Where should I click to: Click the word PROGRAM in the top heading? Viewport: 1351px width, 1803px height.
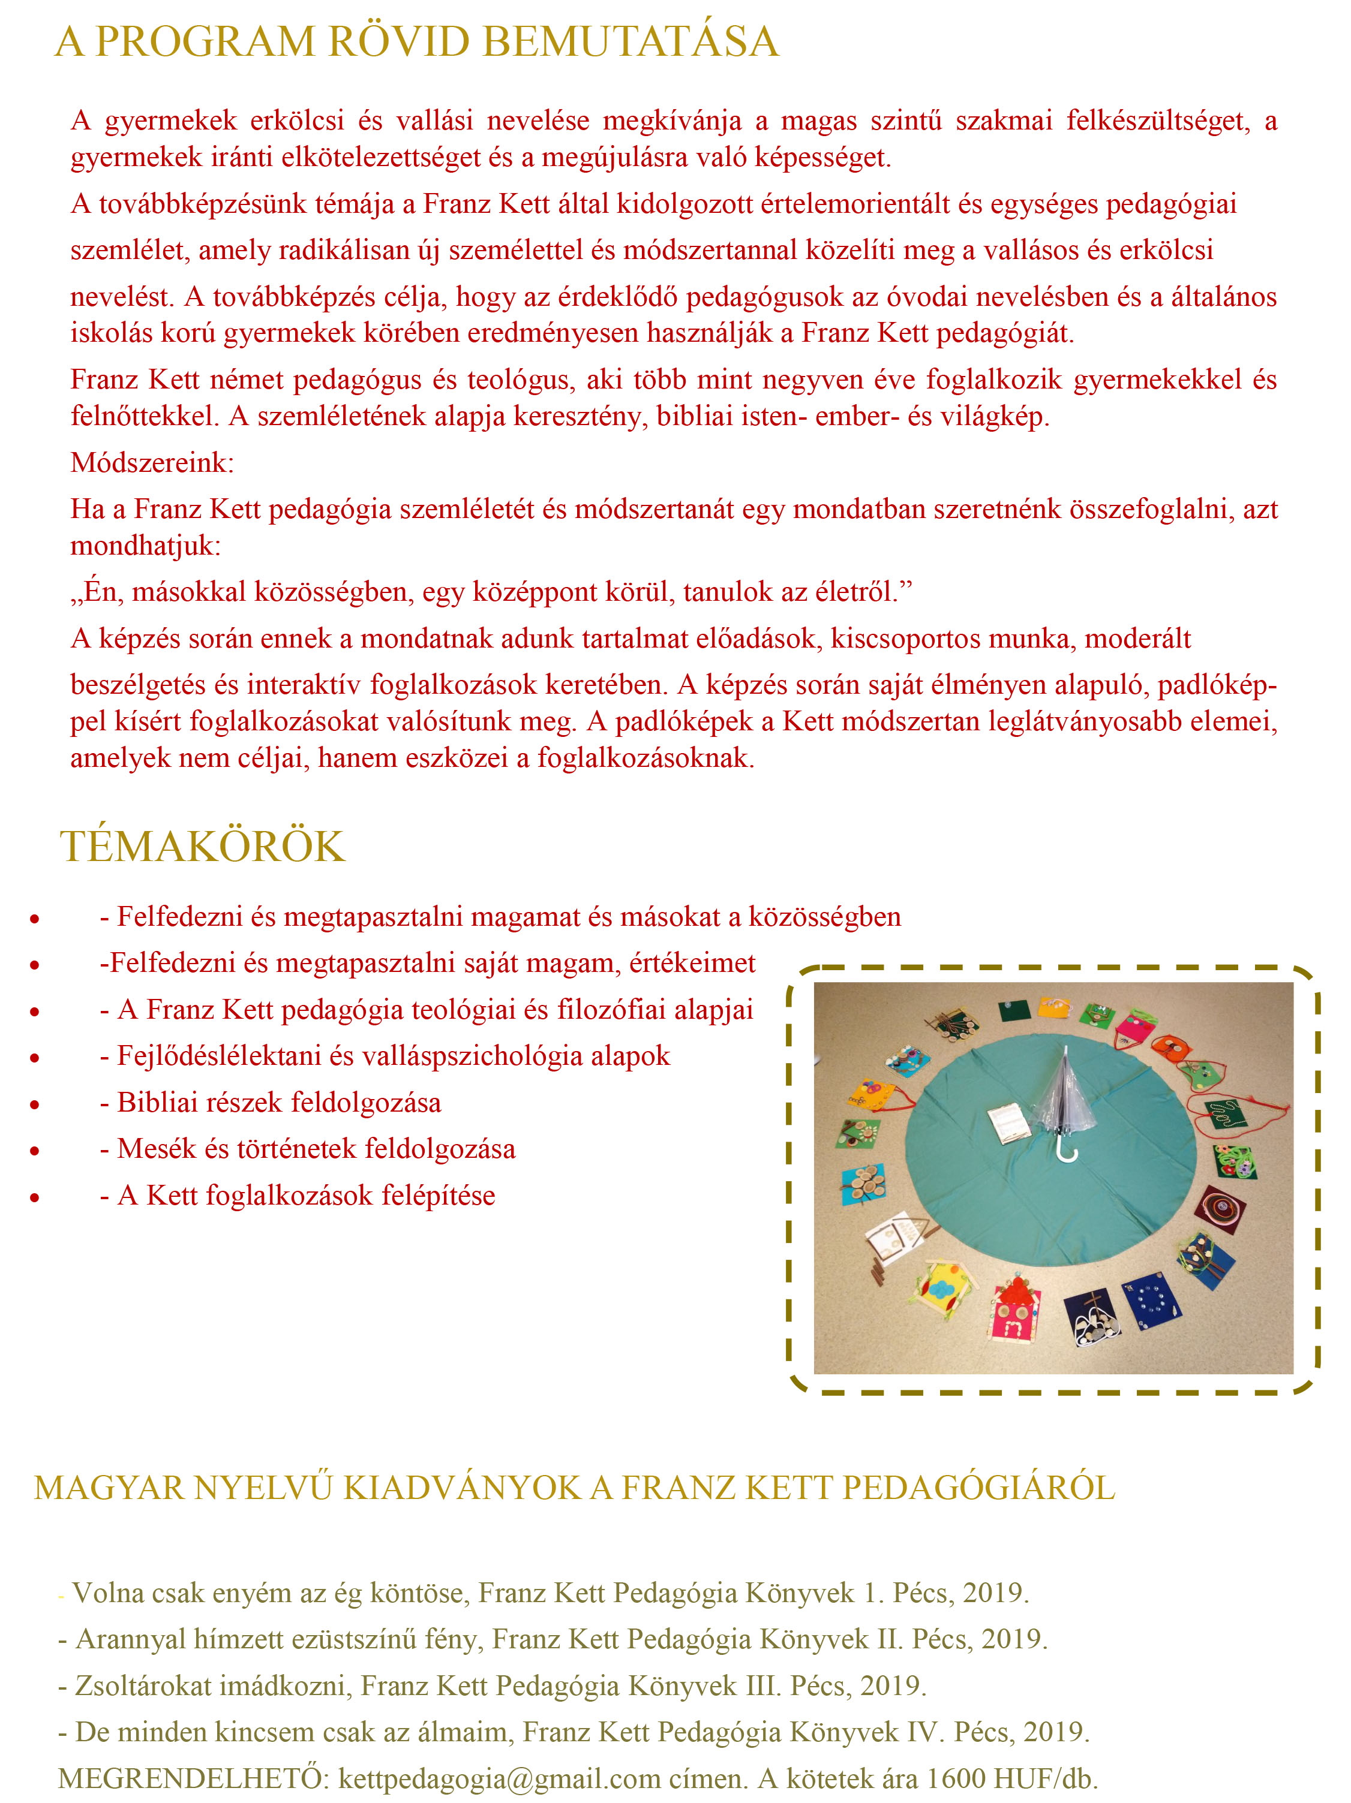coord(205,43)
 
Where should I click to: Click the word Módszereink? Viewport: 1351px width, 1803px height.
coord(152,462)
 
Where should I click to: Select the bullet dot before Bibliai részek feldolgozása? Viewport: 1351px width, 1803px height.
coord(34,1104)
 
